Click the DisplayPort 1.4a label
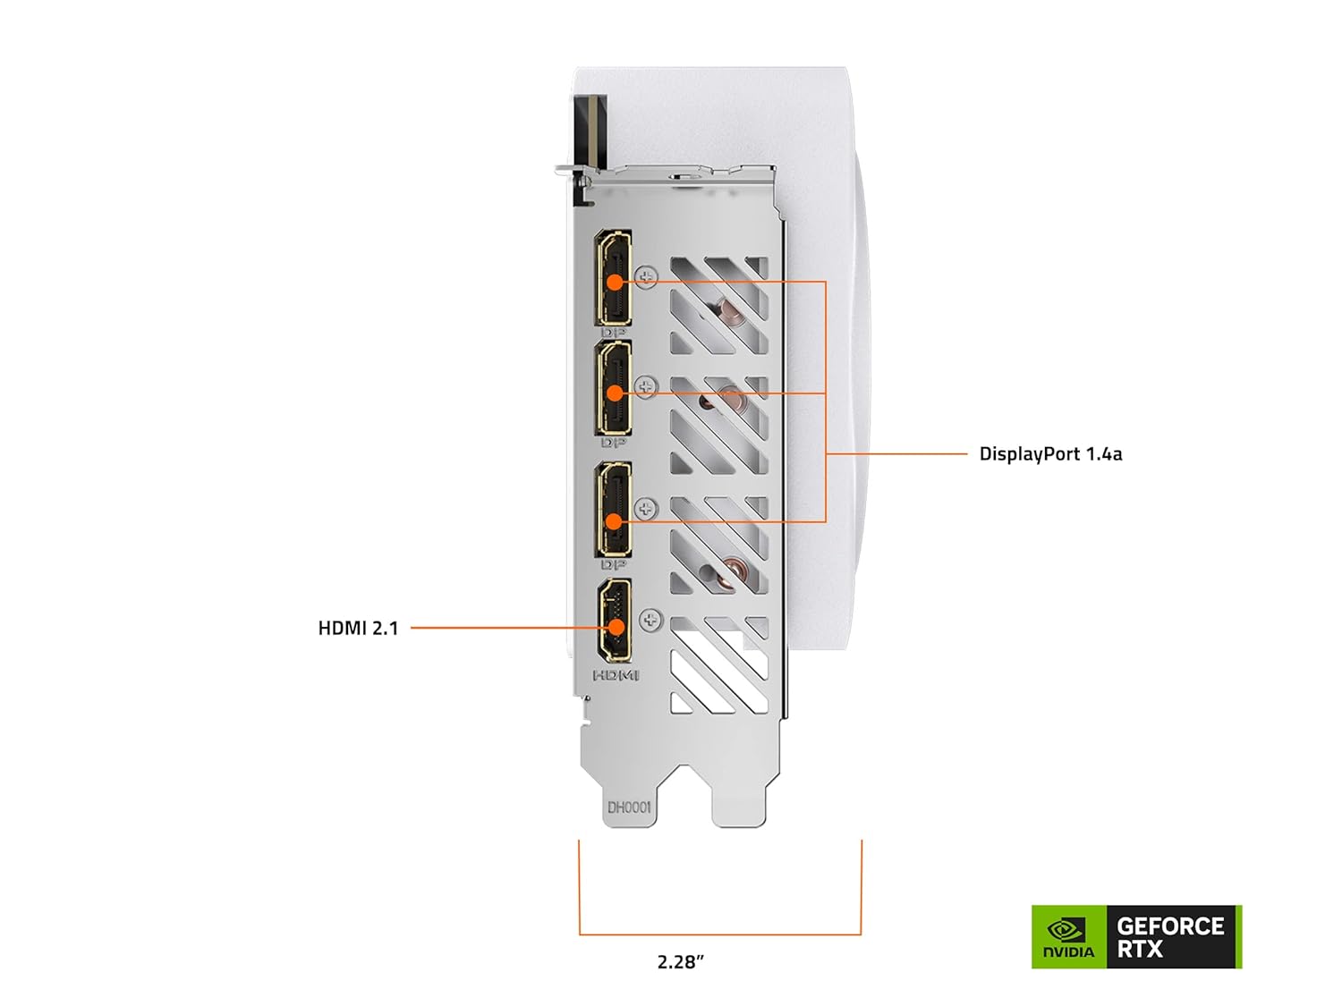point(1050,454)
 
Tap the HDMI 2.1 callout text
point(358,629)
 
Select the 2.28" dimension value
point(681,962)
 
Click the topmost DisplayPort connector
point(614,277)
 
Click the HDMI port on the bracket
point(615,619)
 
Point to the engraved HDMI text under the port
point(616,675)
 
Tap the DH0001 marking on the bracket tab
point(630,807)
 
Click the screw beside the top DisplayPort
point(646,275)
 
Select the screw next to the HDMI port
point(650,619)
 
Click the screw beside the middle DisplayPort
point(646,386)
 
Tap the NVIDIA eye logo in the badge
point(1067,930)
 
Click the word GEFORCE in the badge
point(1170,926)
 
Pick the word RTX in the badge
point(1140,950)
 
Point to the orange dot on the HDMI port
point(615,627)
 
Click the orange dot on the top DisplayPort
point(614,282)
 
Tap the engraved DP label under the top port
point(613,333)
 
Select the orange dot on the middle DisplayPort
point(614,393)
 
